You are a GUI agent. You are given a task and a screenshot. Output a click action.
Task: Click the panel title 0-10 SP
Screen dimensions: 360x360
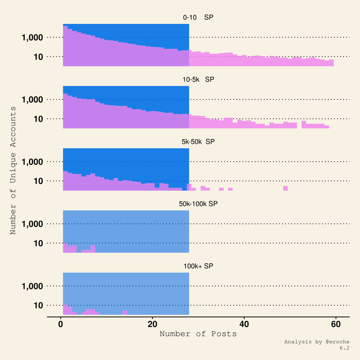pyautogui.click(x=198, y=17)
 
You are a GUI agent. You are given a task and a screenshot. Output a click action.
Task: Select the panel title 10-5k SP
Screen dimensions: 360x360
pyautogui.click(x=198, y=80)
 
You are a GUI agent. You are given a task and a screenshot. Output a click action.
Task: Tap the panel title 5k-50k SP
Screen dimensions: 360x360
pyautogui.click(x=198, y=142)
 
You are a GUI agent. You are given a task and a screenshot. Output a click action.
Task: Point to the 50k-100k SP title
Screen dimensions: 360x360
pyautogui.click(x=198, y=204)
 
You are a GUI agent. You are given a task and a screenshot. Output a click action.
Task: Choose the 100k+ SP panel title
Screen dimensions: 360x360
pyautogui.click(x=198, y=266)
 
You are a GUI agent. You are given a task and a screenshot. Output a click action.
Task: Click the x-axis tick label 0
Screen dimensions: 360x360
pyautogui.click(x=60, y=324)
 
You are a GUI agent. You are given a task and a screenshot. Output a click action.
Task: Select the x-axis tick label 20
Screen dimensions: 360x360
pyautogui.click(x=152, y=324)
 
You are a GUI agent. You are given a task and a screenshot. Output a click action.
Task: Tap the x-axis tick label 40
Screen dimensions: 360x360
pyautogui.click(x=244, y=324)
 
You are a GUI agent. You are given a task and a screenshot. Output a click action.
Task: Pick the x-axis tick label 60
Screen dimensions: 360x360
pyautogui.click(x=336, y=324)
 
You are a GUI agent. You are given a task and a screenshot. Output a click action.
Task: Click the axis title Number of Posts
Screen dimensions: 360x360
pyautogui.click(x=198, y=334)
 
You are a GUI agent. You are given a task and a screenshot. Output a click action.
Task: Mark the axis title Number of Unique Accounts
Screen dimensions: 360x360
pyautogui.click(x=13, y=170)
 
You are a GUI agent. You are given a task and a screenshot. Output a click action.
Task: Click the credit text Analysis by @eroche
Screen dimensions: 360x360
pyautogui.click(x=317, y=342)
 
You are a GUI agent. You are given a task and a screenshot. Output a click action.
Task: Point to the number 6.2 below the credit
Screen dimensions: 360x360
pyautogui.click(x=345, y=348)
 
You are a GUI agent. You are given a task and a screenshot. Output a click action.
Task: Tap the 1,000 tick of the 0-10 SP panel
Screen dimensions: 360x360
pyautogui.click(x=32, y=37)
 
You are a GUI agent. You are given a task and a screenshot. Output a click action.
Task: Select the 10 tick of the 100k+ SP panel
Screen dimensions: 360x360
pyautogui.click(x=38, y=305)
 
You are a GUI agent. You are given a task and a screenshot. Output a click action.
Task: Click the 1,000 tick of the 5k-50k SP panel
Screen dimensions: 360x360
pyautogui.click(x=32, y=162)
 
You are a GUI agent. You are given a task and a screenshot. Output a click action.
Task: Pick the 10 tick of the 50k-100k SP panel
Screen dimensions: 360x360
pyautogui.click(x=38, y=243)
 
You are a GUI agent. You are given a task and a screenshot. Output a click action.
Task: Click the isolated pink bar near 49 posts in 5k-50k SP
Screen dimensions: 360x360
pyautogui.click(x=285, y=188)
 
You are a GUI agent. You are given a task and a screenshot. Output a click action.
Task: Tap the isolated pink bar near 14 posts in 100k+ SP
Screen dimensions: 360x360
pyautogui.click(x=125, y=312)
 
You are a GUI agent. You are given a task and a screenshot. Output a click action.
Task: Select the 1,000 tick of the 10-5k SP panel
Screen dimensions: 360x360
pyautogui.click(x=32, y=100)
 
